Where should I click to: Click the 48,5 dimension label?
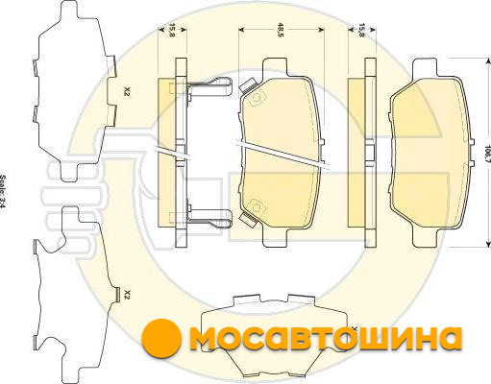coord(281,30)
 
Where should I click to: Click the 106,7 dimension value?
coord(487,154)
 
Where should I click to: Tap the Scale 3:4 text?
coord(3,191)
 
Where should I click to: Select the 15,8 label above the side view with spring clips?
coord(172,31)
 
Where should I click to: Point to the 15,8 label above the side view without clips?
coord(361,31)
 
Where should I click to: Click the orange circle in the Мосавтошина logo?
coord(161,337)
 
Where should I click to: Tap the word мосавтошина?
coord(326,338)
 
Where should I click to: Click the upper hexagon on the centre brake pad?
coord(257,97)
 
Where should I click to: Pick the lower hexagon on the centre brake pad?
coord(257,205)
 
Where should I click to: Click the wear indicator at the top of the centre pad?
coord(248,84)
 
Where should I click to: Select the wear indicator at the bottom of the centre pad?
coord(248,220)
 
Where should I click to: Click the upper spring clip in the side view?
coord(209,87)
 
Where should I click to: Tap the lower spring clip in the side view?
coord(209,219)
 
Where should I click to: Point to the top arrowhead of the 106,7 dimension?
coord(488,61)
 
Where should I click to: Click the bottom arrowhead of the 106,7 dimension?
coord(488,243)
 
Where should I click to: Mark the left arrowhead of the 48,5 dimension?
coord(242,30)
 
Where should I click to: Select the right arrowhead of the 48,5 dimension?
coord(321,30)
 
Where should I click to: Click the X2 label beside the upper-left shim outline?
coord(127,92)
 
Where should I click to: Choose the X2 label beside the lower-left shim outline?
coord(127,294)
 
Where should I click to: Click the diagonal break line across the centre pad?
coord(282,154)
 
